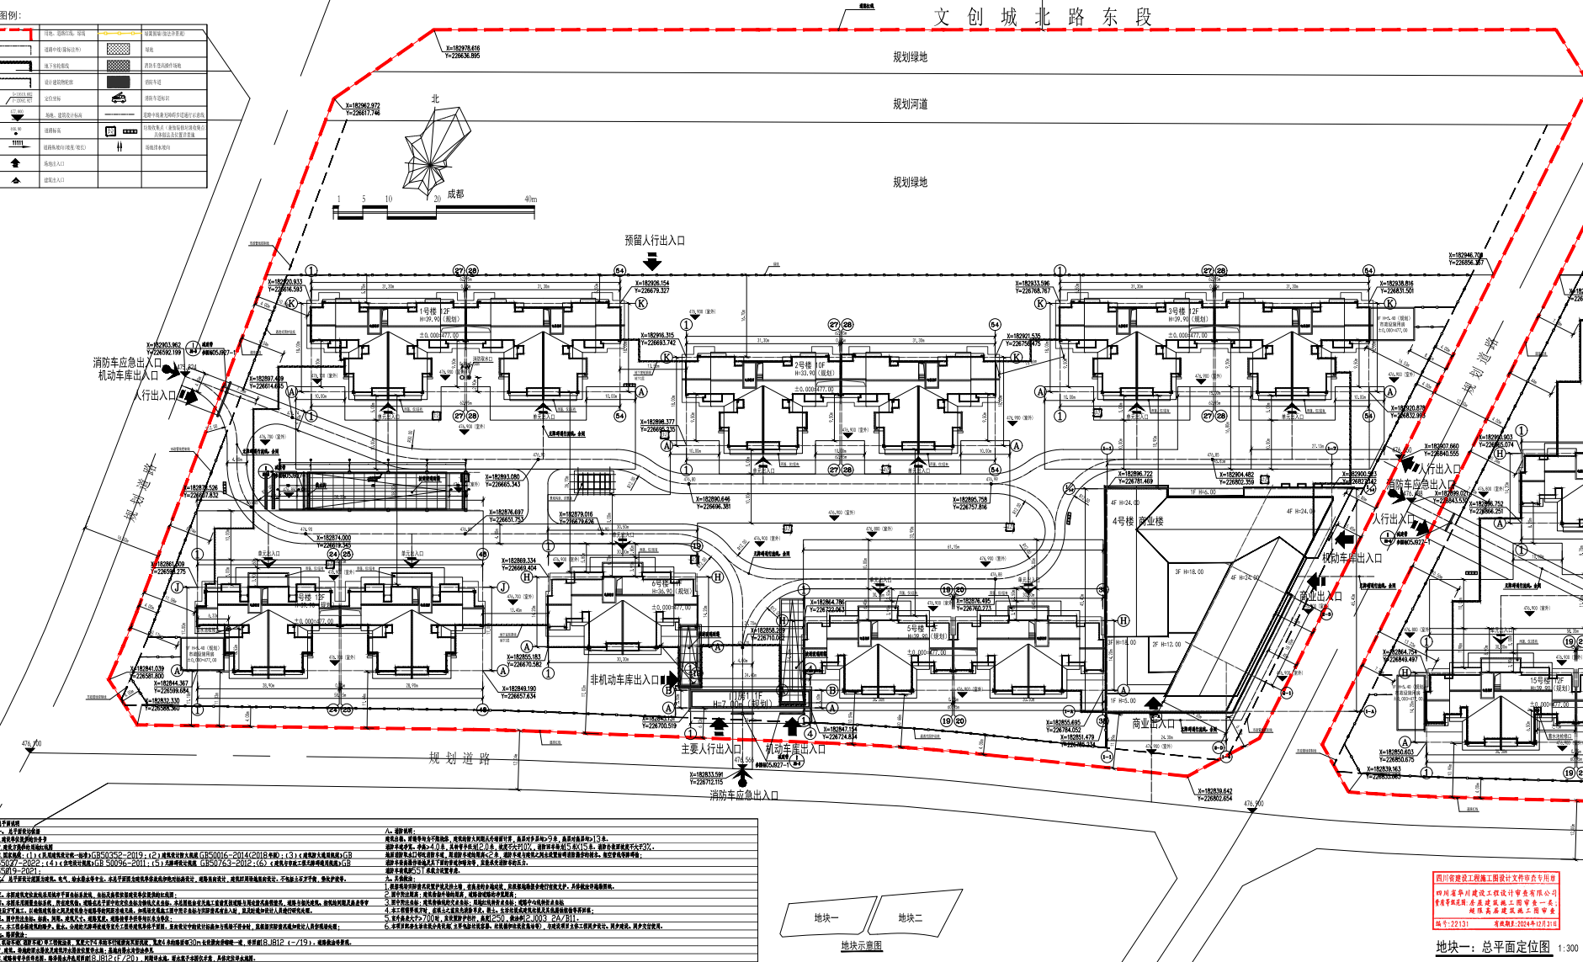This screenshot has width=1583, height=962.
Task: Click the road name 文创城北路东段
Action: coord(1042,17)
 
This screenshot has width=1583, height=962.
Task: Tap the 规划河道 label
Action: coord(910,104)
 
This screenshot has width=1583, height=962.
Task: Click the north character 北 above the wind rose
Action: coord(435,98)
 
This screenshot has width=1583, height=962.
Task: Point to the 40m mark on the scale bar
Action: coord(530,199)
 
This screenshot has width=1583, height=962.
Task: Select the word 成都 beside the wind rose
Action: coord(455,194)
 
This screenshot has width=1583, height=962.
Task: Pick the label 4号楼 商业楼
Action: coord(1138,521)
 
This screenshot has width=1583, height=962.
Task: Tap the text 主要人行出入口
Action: coord(710,748)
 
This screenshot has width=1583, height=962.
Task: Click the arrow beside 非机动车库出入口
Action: coord(670,678)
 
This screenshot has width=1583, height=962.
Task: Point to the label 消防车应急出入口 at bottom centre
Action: coord(743,795)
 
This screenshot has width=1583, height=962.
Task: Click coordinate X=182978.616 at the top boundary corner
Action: coord(462,49)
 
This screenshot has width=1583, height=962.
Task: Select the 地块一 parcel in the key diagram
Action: coord(826,917)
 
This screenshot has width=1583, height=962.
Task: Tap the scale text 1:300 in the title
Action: coord(1567,949)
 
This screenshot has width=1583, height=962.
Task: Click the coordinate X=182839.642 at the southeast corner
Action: coord(1214,791)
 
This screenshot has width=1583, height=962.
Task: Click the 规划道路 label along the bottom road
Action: coord(459,758)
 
